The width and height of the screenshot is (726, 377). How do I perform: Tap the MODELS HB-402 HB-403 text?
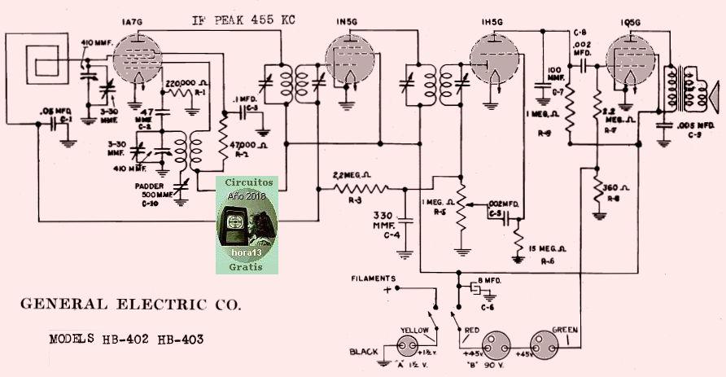point(126,339)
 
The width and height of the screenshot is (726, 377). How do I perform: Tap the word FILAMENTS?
point(374,278)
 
